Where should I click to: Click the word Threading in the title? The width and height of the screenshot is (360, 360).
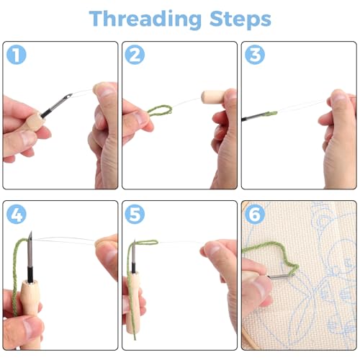click(x=145, y=19)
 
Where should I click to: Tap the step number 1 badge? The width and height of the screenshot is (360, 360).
click(x=17, y=55)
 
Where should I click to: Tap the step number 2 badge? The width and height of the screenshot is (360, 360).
click(x=135, y=55)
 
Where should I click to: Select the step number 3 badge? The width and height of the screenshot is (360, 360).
click(x=255, y=55)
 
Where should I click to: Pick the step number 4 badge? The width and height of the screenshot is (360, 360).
click(x=17, y=214)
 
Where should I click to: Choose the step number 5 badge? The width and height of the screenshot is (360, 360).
click(x=135, y=214)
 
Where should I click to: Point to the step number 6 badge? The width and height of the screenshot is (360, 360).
click(x=255, y=214)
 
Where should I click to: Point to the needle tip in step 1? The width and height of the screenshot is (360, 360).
click(x=71, y=95)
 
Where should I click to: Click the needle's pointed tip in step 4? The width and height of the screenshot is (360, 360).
click(x=31, y=232)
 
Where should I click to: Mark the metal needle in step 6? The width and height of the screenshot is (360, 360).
click(x=281, y=276)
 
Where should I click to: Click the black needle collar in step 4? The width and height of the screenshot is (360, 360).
click(x=30, y=274)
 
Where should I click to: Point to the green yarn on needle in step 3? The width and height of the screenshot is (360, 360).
click(x=271, y=113)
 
